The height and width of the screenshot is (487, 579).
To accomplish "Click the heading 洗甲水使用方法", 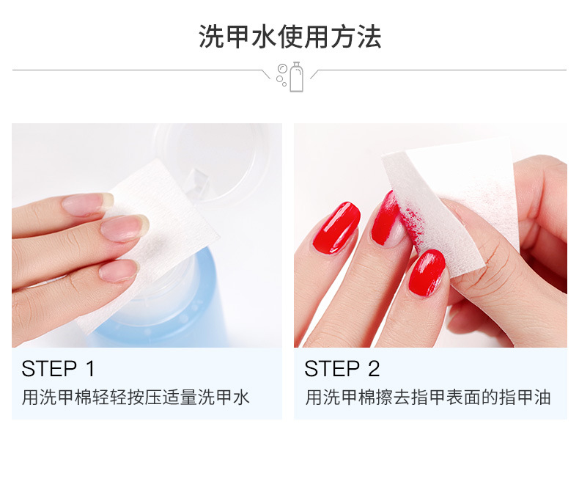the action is [x=290, y=37].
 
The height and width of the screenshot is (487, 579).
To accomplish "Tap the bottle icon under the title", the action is [x=297, y=77].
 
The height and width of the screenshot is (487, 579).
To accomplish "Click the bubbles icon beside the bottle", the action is [x=281, y=75].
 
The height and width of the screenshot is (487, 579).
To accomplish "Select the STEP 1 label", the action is [x=59, y=368].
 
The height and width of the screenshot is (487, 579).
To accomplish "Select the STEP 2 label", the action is [x=342, y=368].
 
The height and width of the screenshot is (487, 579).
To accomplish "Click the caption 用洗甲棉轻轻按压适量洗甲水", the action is [x=136, y=398].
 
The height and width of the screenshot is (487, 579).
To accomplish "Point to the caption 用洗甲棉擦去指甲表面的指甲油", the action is [x=428, y=398].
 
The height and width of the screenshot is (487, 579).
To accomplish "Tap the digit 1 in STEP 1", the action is [x=90, y=368].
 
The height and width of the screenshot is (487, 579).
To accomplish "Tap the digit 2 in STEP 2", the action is [x=374, y=368].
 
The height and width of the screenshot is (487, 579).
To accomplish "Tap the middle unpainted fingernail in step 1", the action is [x=125, y=228].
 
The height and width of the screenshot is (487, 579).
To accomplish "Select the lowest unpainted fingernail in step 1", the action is [x=119, y=271].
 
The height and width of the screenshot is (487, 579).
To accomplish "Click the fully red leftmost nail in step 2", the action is [x=336, y=228].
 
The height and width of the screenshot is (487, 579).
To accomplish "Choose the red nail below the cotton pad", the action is [x=427, y=273].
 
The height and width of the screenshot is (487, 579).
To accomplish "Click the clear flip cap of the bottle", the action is [x=210, y=163].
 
